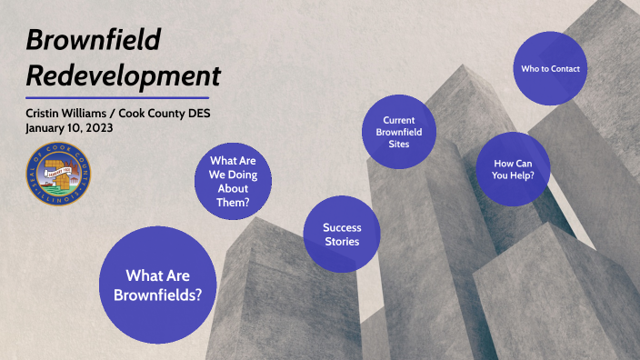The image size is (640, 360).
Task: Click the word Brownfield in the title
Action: [x=93, y=38]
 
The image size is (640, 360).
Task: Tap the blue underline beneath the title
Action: [x=117, y=97]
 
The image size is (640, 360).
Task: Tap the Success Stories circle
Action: [x=342, y=234]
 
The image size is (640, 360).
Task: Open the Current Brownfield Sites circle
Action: [x=397, y=132]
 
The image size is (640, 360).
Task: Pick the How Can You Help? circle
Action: [x=514, y=170]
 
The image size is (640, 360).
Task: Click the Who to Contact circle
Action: [x=550, y=68]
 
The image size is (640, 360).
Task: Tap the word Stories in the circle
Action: [x=343, y=241]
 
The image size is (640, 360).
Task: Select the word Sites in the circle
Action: [x=397, y=145]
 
